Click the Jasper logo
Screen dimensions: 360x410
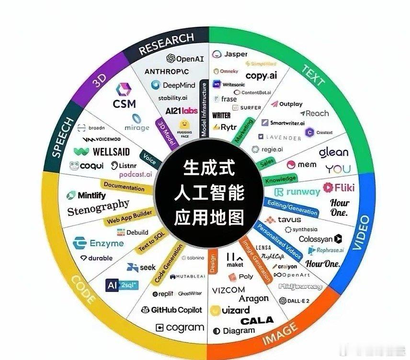(230, 54)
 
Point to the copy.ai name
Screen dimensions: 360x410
(261, 76)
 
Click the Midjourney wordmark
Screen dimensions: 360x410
(300, 286)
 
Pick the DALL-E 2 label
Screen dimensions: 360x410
(295, 301)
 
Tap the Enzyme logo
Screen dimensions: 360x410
(98, 243)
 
